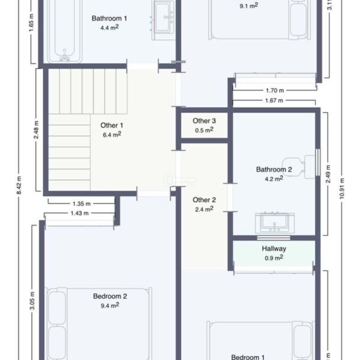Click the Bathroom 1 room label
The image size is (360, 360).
pos(109,19)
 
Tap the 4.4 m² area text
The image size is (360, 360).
pos(110,28)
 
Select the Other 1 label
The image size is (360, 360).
pos(112,125)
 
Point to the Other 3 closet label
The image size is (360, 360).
pos(204,121)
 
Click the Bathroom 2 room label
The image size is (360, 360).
pos(274,169)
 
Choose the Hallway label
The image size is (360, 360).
pos(274,248)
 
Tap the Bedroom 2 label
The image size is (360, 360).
pos(110,296)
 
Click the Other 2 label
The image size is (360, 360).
pos(204,200)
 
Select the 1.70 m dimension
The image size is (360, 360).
pos(275,91)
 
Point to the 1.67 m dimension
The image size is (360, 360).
pos(274,101)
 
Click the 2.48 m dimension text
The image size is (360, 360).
pos(36,130)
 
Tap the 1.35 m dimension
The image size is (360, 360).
pos(82,203)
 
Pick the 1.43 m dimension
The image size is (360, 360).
pos(79,213)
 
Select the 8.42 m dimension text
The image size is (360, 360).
pos(19,185)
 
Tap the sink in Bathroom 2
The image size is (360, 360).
pos(275,222)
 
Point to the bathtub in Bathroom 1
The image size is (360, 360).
pos(65,31)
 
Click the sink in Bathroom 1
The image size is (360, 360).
pos(163,20)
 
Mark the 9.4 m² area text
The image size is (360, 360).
pos(110,305)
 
